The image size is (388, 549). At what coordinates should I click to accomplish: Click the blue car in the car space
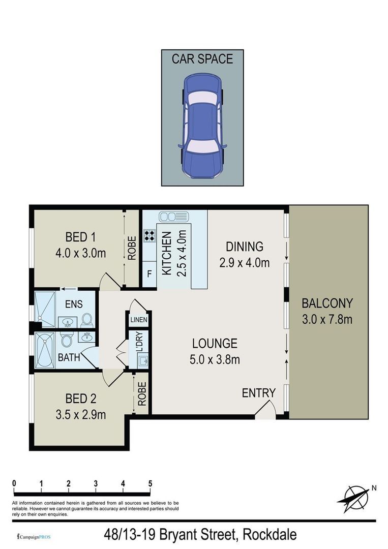coord(202,126)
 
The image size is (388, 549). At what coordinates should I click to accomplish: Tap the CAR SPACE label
coord(202,59)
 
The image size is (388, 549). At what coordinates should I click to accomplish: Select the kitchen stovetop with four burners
coord(150,235)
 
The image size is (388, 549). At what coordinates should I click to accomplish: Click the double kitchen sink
coord(174,217)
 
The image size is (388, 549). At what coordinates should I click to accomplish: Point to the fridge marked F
coord(150,274)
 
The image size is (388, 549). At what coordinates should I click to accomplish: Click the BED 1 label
coord(80,237)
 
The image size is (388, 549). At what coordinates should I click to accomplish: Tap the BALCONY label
coord(327,303)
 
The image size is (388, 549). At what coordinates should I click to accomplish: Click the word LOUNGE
coord(215,344)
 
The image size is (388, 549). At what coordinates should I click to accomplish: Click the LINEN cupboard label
coord(139,320)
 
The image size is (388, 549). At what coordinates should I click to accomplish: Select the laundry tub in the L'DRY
coord(142,360)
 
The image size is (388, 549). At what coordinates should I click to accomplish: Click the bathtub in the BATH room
coord(45,350)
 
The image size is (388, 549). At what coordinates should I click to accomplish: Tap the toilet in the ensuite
coord(87,320)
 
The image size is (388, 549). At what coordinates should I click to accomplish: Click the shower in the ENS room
coord(45,309)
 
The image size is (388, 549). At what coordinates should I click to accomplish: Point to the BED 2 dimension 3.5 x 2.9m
coord(80,415)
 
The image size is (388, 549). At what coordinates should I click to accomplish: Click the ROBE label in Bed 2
coord(142,394)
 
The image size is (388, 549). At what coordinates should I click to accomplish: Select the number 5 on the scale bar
coord(150,483)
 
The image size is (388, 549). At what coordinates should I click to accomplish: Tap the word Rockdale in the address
coord(270,535)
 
